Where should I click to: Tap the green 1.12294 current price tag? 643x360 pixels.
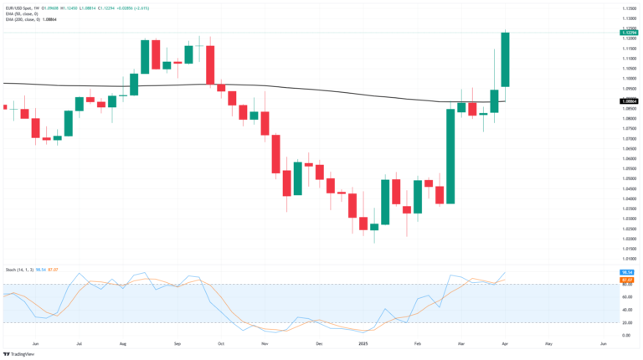tap(629, 32)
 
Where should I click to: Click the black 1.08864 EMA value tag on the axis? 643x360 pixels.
tap(629, 100)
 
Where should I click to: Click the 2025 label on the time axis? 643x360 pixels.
tap(364, 344)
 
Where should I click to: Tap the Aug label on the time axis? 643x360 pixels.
tap(122, 344)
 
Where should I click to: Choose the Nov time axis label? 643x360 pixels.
tap(265, 344)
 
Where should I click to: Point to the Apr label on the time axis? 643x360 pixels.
tap(506, 344)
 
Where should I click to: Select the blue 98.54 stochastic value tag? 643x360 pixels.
tap(629, 273)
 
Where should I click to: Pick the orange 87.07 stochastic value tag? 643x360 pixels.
tap(629, 280)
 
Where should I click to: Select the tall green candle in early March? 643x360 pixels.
tap(450, 156)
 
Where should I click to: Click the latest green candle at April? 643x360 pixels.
tap(506, 59)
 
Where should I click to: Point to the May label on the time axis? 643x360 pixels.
tap(549, 344)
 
